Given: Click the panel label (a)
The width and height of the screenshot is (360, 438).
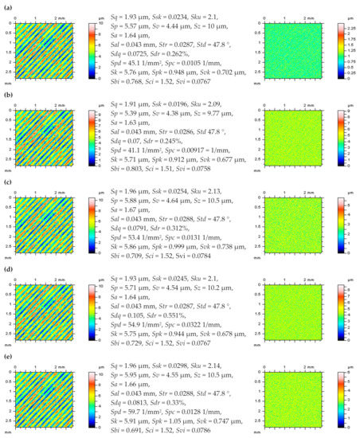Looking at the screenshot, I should click(x=6, y=6).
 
